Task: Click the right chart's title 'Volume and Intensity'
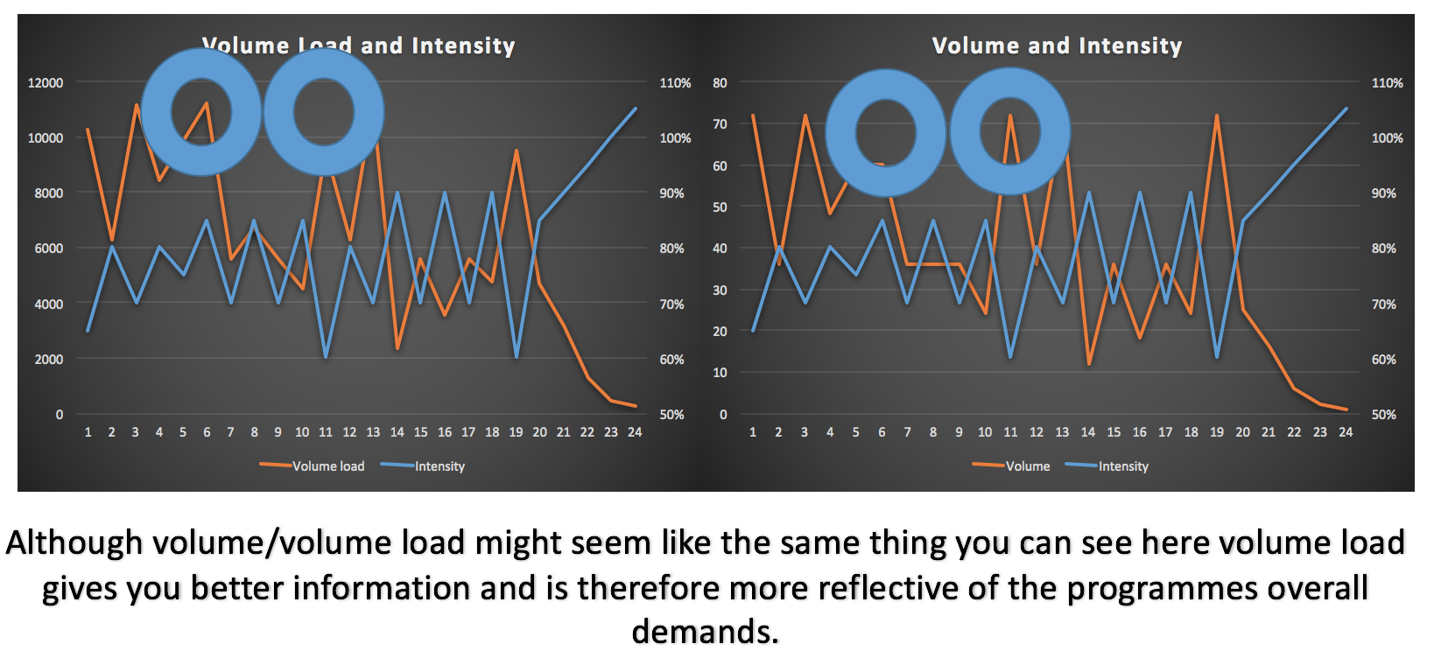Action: click(1057, 45)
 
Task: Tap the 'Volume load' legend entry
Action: click(327, 466)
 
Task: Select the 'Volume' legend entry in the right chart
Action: click(1027, 466)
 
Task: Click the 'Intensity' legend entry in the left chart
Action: click(439, 466)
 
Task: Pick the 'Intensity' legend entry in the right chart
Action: click(1122, 466)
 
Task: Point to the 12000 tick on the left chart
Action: click(46, 83)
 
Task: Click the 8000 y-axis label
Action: click(49, 193)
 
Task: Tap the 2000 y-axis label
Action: click(49, 360)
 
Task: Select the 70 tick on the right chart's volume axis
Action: click(720, 124)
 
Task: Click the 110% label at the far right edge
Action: click(1387, 83)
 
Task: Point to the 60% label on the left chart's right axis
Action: click(671, 360)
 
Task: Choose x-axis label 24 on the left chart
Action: click(635, 432)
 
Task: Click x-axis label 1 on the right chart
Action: click(753, 432)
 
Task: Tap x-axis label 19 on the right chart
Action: click(1217, 432)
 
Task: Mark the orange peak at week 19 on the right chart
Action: click(1217, 115)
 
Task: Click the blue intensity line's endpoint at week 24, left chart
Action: click(636, 109)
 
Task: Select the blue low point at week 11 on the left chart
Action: click(326, 357)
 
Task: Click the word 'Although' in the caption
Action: click(74, 543)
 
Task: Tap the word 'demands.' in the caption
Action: click(705, 631)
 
